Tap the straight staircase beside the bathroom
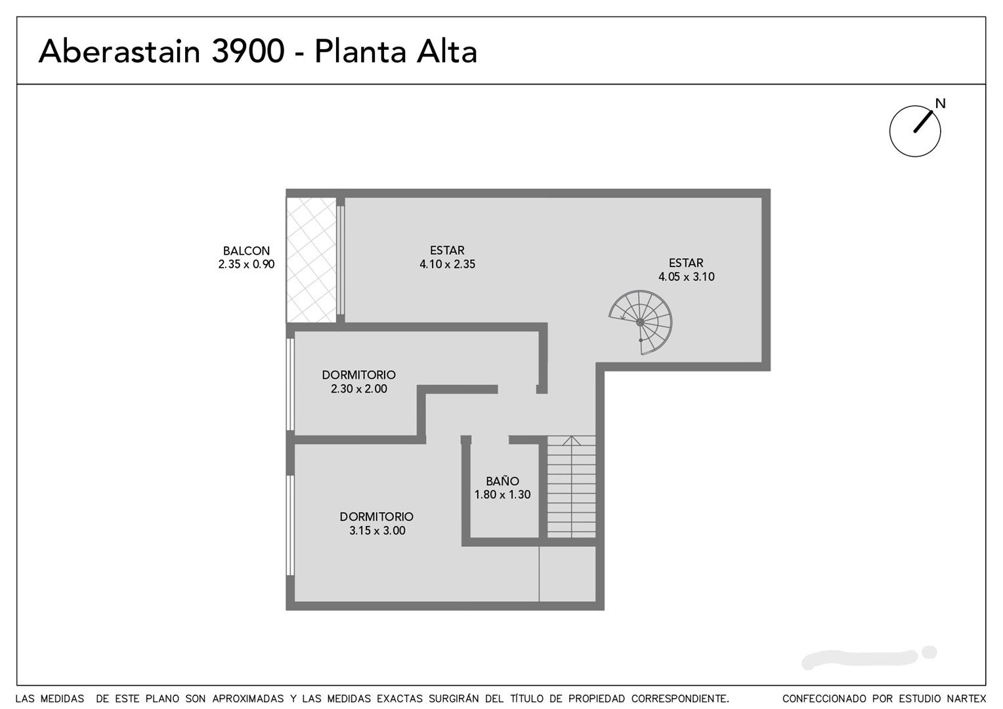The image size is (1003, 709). (x=571, y=486)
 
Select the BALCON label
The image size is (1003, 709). (x=246, y=251)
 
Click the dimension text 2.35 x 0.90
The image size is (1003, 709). (x=246, y=265)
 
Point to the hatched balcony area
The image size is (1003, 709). (x=311, y=260)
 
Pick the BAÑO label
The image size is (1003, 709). (x=502, y=481)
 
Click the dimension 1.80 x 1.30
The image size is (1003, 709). (x=502, y=494)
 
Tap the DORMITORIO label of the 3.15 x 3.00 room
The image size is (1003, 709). (x=377, y=517)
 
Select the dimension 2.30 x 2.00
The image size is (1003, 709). (x=358, y=389)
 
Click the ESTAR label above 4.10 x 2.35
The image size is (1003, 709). (x=447, y=250)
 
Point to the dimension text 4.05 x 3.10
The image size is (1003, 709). (x=687, y=276)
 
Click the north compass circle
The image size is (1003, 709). (x=915, y=131)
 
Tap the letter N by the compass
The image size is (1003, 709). (x=940, y=104)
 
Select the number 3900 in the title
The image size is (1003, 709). (x=248, y=51)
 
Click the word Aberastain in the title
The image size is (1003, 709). (x=119, y=51)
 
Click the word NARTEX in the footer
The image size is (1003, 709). (x=967, y=698)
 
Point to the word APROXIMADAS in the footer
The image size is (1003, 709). (x=247, y=698)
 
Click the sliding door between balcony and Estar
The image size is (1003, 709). (x=340, y=260)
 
